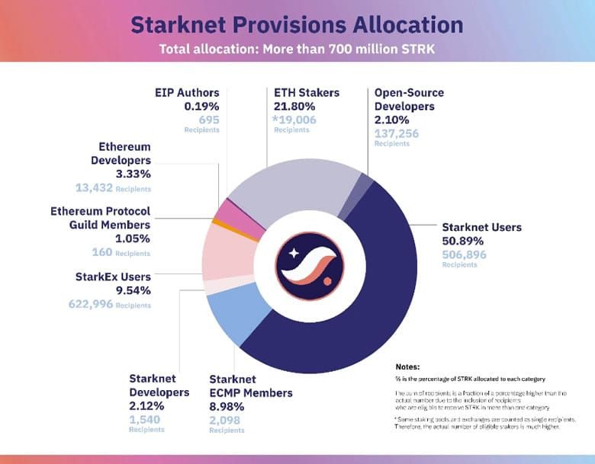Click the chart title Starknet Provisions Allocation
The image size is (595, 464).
(297, 24)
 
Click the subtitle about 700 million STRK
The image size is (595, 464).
(297, 50)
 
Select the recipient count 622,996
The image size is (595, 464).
(92, 304)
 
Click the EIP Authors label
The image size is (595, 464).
(187, 93)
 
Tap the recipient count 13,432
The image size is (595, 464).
(94, 187)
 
